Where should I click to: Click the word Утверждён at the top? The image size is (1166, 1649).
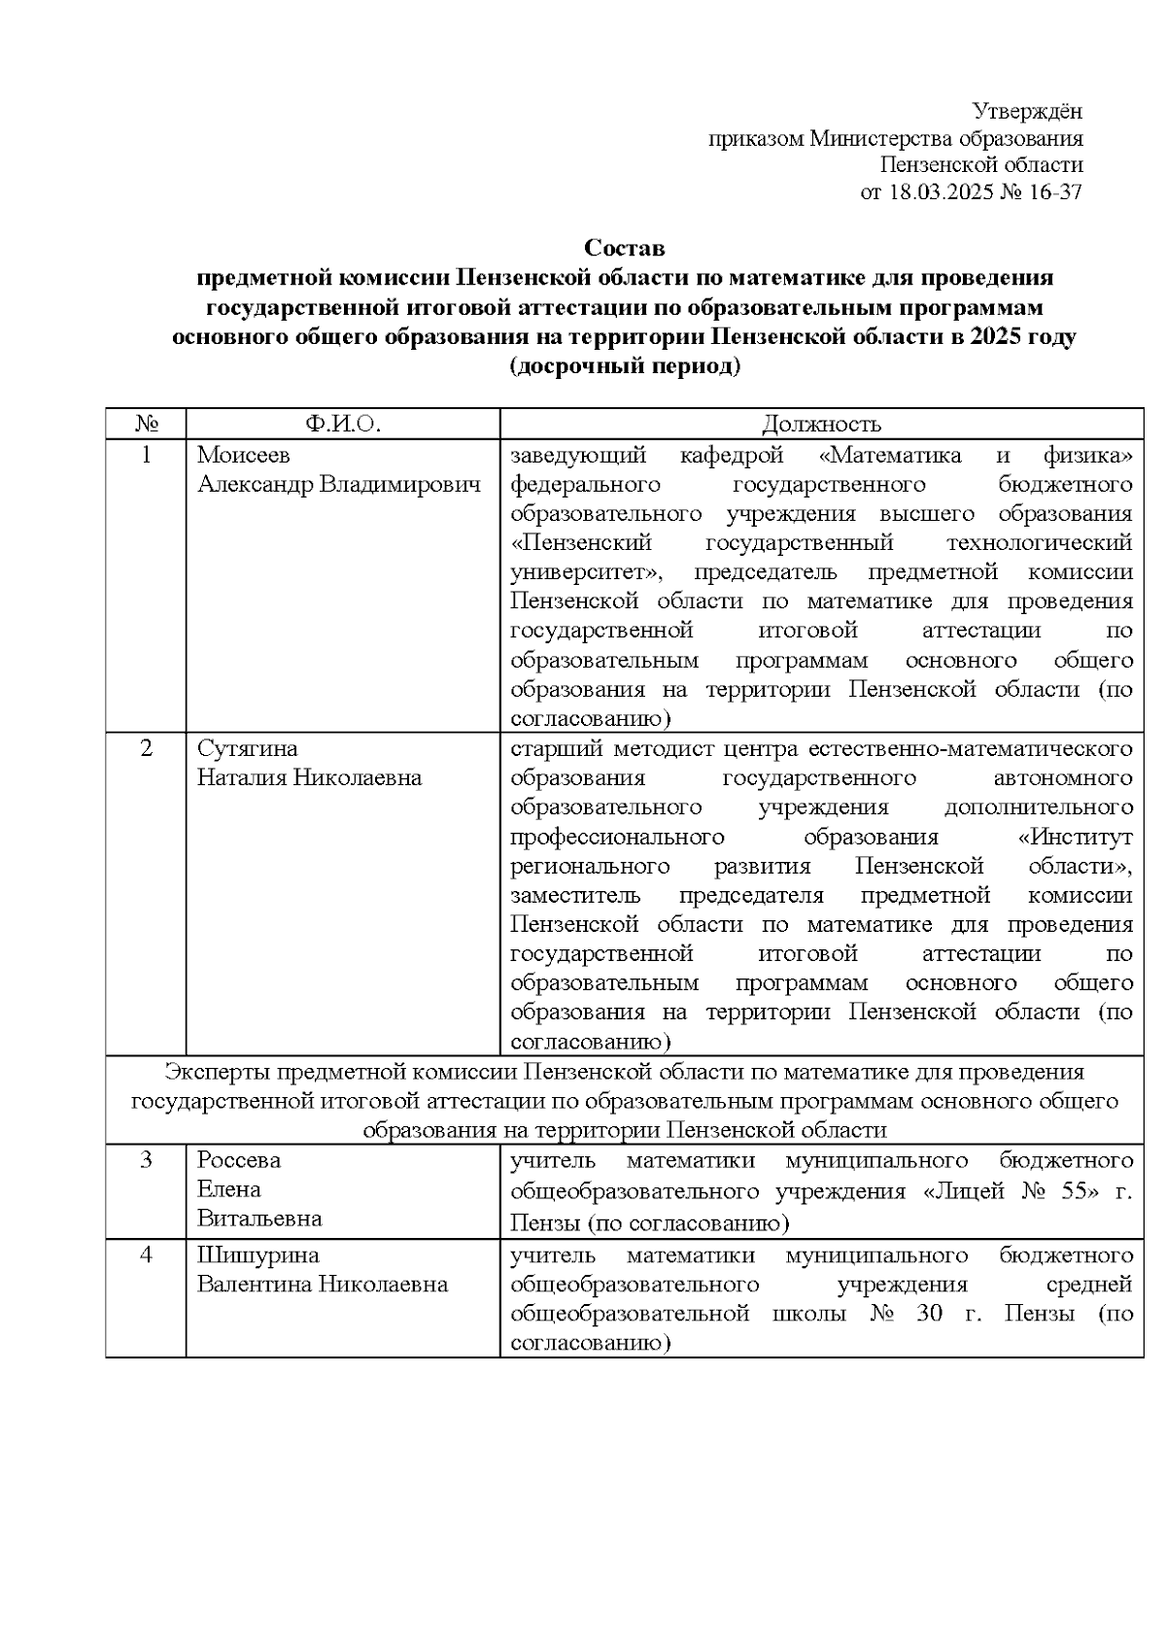1027,112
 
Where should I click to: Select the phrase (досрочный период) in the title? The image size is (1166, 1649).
624,368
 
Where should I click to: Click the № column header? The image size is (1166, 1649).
146,424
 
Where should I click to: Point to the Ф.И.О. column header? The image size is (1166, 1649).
342,424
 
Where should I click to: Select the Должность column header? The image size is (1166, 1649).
821,424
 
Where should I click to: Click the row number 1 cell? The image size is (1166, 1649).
146,455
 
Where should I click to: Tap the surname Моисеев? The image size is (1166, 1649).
243,455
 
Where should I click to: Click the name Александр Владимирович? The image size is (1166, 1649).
339,484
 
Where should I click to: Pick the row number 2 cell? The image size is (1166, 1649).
146,748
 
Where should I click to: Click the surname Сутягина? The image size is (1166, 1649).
247,748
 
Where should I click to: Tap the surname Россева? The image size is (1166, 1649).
238,1160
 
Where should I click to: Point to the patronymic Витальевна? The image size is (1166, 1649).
259,1219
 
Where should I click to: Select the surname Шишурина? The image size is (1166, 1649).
244,1255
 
